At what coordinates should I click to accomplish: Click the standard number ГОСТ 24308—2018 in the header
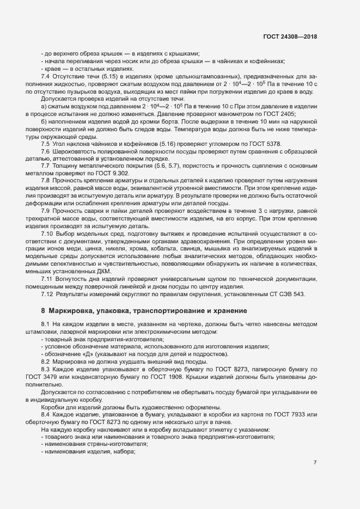pos(290,36)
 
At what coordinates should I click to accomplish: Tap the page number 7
pos(315,462)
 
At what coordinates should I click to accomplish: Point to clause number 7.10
pos(47,233)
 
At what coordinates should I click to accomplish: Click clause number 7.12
pos(47,295)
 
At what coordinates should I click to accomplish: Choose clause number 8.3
pos(46,369)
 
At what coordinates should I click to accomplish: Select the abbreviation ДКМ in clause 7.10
pos(104,272)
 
